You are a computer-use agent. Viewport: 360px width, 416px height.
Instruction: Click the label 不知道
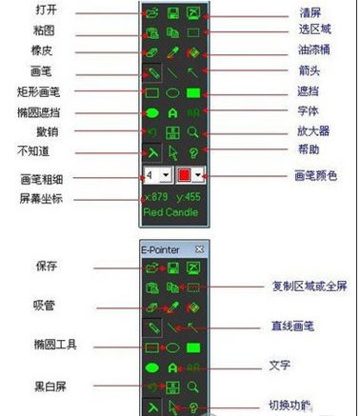pos(33,151)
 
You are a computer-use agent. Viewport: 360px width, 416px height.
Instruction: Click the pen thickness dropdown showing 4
pos(157,176)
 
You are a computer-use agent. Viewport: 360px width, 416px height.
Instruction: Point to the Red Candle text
pos(171,213)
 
